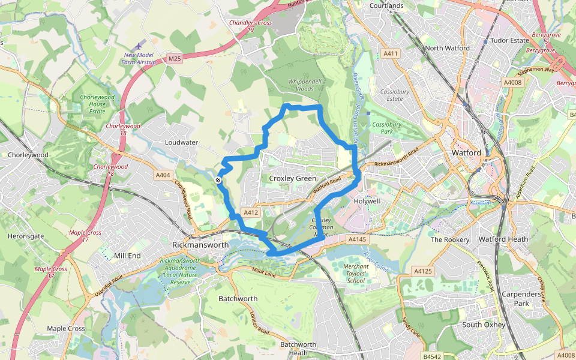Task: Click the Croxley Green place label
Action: (292, 179)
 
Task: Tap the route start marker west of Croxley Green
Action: (218, 179)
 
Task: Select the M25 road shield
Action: (175, 58)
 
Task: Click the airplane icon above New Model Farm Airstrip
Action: (140, 46)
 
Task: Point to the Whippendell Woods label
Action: (292, 85)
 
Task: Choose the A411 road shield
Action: (391, 53)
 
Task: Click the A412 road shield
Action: (251, 212)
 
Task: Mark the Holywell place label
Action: (368, 201)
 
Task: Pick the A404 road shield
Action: (163, 175)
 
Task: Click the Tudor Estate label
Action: (510, 40)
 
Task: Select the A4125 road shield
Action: (423, 271)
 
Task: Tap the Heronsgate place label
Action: (26, 236)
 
